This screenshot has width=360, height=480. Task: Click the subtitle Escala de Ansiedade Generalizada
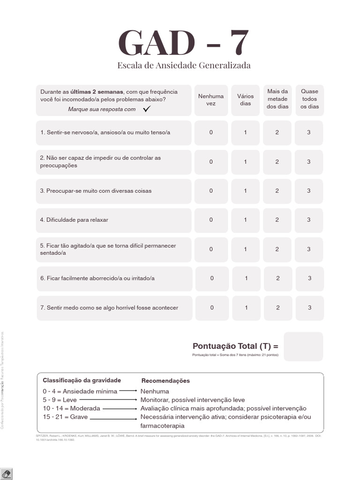pos(184,65)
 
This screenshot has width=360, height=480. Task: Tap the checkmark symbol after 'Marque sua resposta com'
pos(147,109)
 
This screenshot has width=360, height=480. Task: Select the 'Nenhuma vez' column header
pos(211,100)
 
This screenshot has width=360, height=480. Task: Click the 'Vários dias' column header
pos(245,100)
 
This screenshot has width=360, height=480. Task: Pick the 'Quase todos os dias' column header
pos(309,99)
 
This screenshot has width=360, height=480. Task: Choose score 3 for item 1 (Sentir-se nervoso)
pos(308,133)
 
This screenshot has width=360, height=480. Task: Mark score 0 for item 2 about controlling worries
pos(211,162)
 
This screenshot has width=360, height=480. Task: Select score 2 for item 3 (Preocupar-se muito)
pos(277,191)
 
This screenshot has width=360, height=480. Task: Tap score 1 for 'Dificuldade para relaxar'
pos(245,220)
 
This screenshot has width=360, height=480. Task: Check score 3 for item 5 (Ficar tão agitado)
pos(308,249)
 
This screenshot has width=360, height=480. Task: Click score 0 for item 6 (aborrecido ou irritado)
pos(212,278)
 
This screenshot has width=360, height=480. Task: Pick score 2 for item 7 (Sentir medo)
pos(278,308)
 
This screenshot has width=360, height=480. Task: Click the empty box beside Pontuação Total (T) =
pos(303,346)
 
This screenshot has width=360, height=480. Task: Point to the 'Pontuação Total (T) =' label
pos(235,346)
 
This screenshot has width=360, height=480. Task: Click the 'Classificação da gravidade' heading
pos(82,380)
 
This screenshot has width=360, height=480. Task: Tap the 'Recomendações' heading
pos(165,381)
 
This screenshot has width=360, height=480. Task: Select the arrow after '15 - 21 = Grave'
pos(113,417)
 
